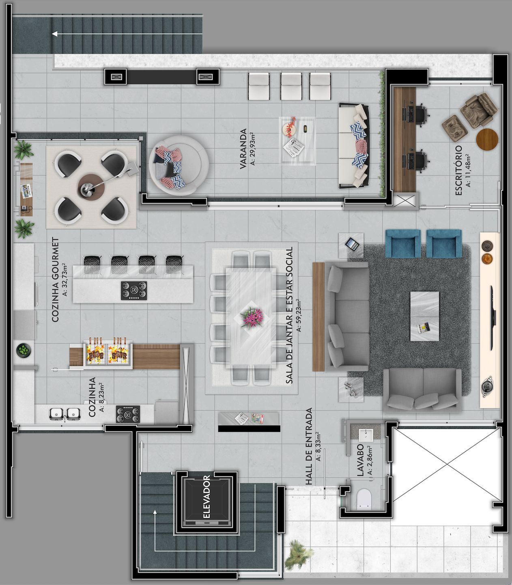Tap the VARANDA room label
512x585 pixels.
tap(243, 149)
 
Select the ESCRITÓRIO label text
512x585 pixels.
tap(458, 170)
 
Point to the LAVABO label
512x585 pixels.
tap(360, 460)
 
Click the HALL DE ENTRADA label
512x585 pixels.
tap(309, 446)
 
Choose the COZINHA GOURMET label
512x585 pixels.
tap(55, 279)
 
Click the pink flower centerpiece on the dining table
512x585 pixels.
tap(252, 318)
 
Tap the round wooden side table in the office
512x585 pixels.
tap(487, 139)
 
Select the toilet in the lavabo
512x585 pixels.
tap(364, 498)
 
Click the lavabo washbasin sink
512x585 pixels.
tap(366, 435)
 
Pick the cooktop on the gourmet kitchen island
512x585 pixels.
tap(134, 290)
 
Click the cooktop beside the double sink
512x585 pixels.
tap(128, 414)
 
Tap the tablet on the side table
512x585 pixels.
tap(352, 244)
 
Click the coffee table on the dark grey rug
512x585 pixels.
tap(425, 316)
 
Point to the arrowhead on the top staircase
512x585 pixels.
tap(54, 34)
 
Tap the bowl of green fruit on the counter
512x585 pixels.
tap(24, 351)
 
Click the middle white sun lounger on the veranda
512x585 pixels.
tap(291, 87)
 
